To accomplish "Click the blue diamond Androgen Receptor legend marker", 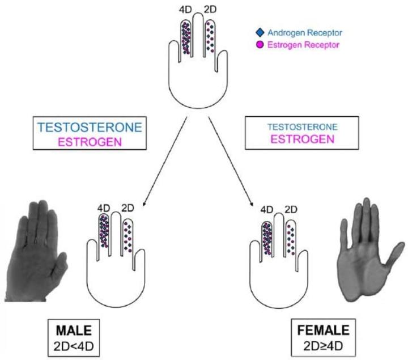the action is click(x=260, y=32).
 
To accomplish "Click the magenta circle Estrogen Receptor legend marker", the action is click(x=260, y=45).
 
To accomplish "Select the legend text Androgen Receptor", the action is click(x=305, y=33).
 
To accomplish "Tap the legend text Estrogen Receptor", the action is click(x=303, y=45).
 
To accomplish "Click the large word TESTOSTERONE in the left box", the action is click(x=90, y=128).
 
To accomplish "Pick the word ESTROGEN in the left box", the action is click(x=90, y=142).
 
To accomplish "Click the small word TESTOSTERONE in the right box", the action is click(x=303, y=127).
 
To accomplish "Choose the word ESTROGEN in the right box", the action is click(x=303, y=139).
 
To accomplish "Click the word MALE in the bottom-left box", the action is click(x=74, y=331).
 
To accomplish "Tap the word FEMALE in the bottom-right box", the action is click(x=323, y=331).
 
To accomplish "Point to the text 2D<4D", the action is click(x=74, y=346).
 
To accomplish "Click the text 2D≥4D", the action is click(x=323, y=346).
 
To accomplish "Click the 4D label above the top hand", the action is click(x=185, y=10).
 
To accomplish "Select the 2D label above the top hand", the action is click(x=210, y=10).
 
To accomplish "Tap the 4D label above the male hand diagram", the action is click(x=104, y=208).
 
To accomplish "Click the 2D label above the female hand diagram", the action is click(x=291, y=209).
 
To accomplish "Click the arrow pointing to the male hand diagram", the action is click(x=165, y=162).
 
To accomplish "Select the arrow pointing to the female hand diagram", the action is click(x=231, y=162).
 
